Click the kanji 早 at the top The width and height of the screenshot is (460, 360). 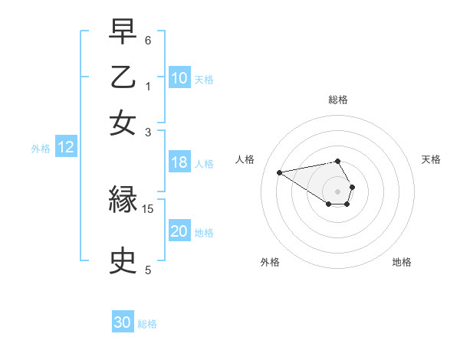(x=123, y=32)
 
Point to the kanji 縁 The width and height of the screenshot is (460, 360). (x=123, y=201)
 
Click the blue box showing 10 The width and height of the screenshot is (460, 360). (x=179, y=78)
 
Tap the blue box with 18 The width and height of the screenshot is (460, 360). (x=179, y=162)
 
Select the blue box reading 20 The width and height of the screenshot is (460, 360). (x=179, y=232)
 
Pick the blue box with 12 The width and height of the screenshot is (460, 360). (x=65, y=148)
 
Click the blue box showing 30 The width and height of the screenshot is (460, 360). (x=123, y=322)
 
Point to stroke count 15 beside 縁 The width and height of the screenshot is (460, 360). (x=148, y=208)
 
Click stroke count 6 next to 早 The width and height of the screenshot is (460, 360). (x=148, y=40)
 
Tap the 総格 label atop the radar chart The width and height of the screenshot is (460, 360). (x=338, y=100)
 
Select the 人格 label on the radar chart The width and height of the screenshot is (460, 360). (x=245, y=159)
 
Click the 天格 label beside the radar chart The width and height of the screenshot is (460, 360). (x=431, y=159)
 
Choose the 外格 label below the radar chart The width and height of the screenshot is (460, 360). (x=270, y=262)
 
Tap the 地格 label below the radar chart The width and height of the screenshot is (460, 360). (x=402, y=262)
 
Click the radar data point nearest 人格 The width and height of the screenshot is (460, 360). (x=279, y=172)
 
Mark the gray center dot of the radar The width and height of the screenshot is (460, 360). (x=338, y=191)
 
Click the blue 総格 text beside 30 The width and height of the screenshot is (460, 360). (x=148, y=324)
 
